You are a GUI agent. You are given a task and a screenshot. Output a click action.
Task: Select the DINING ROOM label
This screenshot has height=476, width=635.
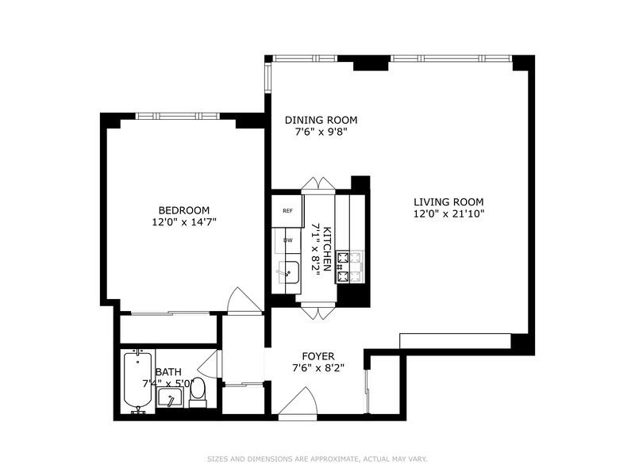tap(321, 121)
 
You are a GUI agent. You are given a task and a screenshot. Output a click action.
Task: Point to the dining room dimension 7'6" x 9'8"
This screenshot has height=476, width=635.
tap(321, 132)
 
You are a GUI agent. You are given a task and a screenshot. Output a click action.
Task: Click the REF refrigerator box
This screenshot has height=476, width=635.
tap(287, 211)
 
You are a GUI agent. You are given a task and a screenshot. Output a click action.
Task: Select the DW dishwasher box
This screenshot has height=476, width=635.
tap(288, 240)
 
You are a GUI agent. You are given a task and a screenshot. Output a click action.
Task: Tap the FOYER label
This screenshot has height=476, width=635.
tap(317, 356)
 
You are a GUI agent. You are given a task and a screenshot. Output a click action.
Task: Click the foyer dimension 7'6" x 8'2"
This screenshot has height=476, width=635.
tap(317, 368)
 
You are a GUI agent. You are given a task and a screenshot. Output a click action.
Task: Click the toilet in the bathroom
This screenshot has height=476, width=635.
tap(198, 391)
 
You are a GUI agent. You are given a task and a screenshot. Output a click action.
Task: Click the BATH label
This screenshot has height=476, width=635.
tap(168, 371)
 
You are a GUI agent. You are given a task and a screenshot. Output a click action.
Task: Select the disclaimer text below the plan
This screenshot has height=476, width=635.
tap(317, 459)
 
